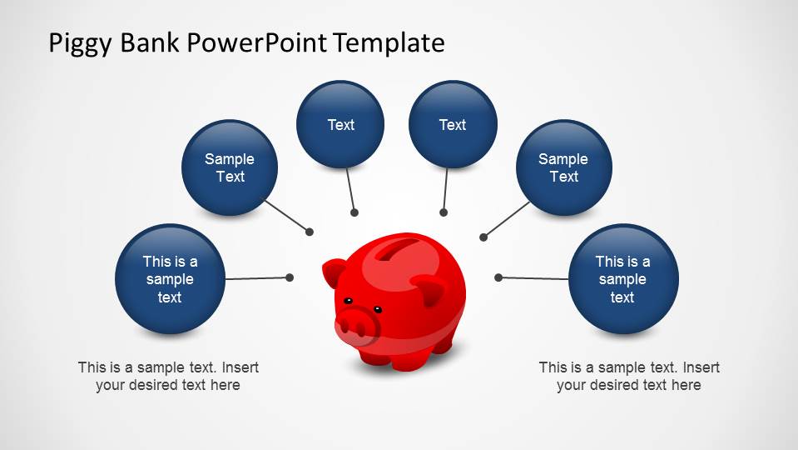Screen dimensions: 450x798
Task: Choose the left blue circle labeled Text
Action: [340, 124]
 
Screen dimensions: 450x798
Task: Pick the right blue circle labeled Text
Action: [453, 124]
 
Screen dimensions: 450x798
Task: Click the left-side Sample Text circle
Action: [230, 167]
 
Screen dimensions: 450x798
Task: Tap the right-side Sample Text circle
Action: [563, 167]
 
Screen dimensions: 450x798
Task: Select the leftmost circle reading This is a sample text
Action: [170, 279]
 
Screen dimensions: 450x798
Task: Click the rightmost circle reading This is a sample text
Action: [622, 279]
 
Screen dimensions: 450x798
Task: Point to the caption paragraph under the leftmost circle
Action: [168, 376]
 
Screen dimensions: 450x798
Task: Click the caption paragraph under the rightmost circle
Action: [629, 376]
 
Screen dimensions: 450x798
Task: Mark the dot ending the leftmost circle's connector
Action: [290, 277]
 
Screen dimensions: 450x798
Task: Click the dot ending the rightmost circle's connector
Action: [498, 277]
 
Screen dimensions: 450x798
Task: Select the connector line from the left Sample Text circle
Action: [287, 216]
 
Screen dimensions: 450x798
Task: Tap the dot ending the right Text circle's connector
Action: [444, 212]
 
